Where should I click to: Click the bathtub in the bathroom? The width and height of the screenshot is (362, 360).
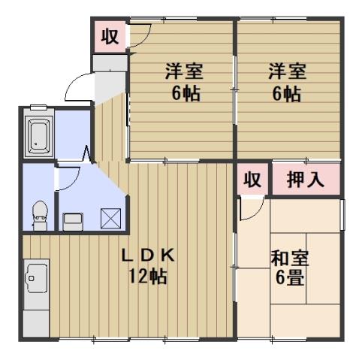tap(39, 135)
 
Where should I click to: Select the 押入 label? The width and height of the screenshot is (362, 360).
tap(305, 180)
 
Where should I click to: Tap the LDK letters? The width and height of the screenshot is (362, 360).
tap(148, 256)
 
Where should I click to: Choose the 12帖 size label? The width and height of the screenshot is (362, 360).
tap(148, 275)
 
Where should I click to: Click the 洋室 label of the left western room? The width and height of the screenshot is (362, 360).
tap(184, 73)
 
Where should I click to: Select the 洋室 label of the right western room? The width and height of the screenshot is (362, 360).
tap(286, 73)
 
